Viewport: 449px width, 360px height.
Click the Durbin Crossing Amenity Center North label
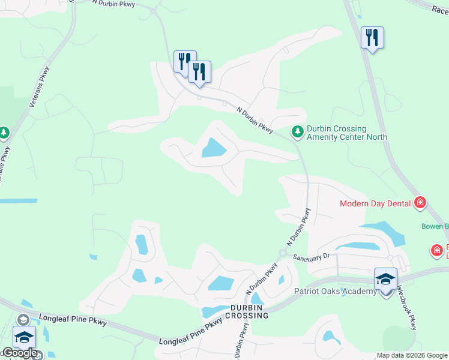click(x=346, y=133)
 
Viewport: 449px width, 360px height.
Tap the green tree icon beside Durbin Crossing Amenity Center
click(x=297, y=131)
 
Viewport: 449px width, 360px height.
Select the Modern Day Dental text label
click(x=375, y=203)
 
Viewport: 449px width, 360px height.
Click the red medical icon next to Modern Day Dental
click(x=420, y=203)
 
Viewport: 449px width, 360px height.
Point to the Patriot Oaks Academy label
click(x=335, y=292)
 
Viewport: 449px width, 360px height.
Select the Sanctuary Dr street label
click(x=312, y=256)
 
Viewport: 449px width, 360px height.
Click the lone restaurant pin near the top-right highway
click(x=372, y=38)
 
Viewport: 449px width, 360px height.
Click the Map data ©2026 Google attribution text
click(x=412, y=355)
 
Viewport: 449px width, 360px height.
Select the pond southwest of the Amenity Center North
click(x=212, y=148)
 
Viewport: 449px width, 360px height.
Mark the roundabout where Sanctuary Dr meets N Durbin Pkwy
click(x=282, y=253)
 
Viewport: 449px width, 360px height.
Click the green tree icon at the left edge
click(x=4, y=132)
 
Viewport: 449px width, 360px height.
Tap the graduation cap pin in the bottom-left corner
click(x=24, y=337)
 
